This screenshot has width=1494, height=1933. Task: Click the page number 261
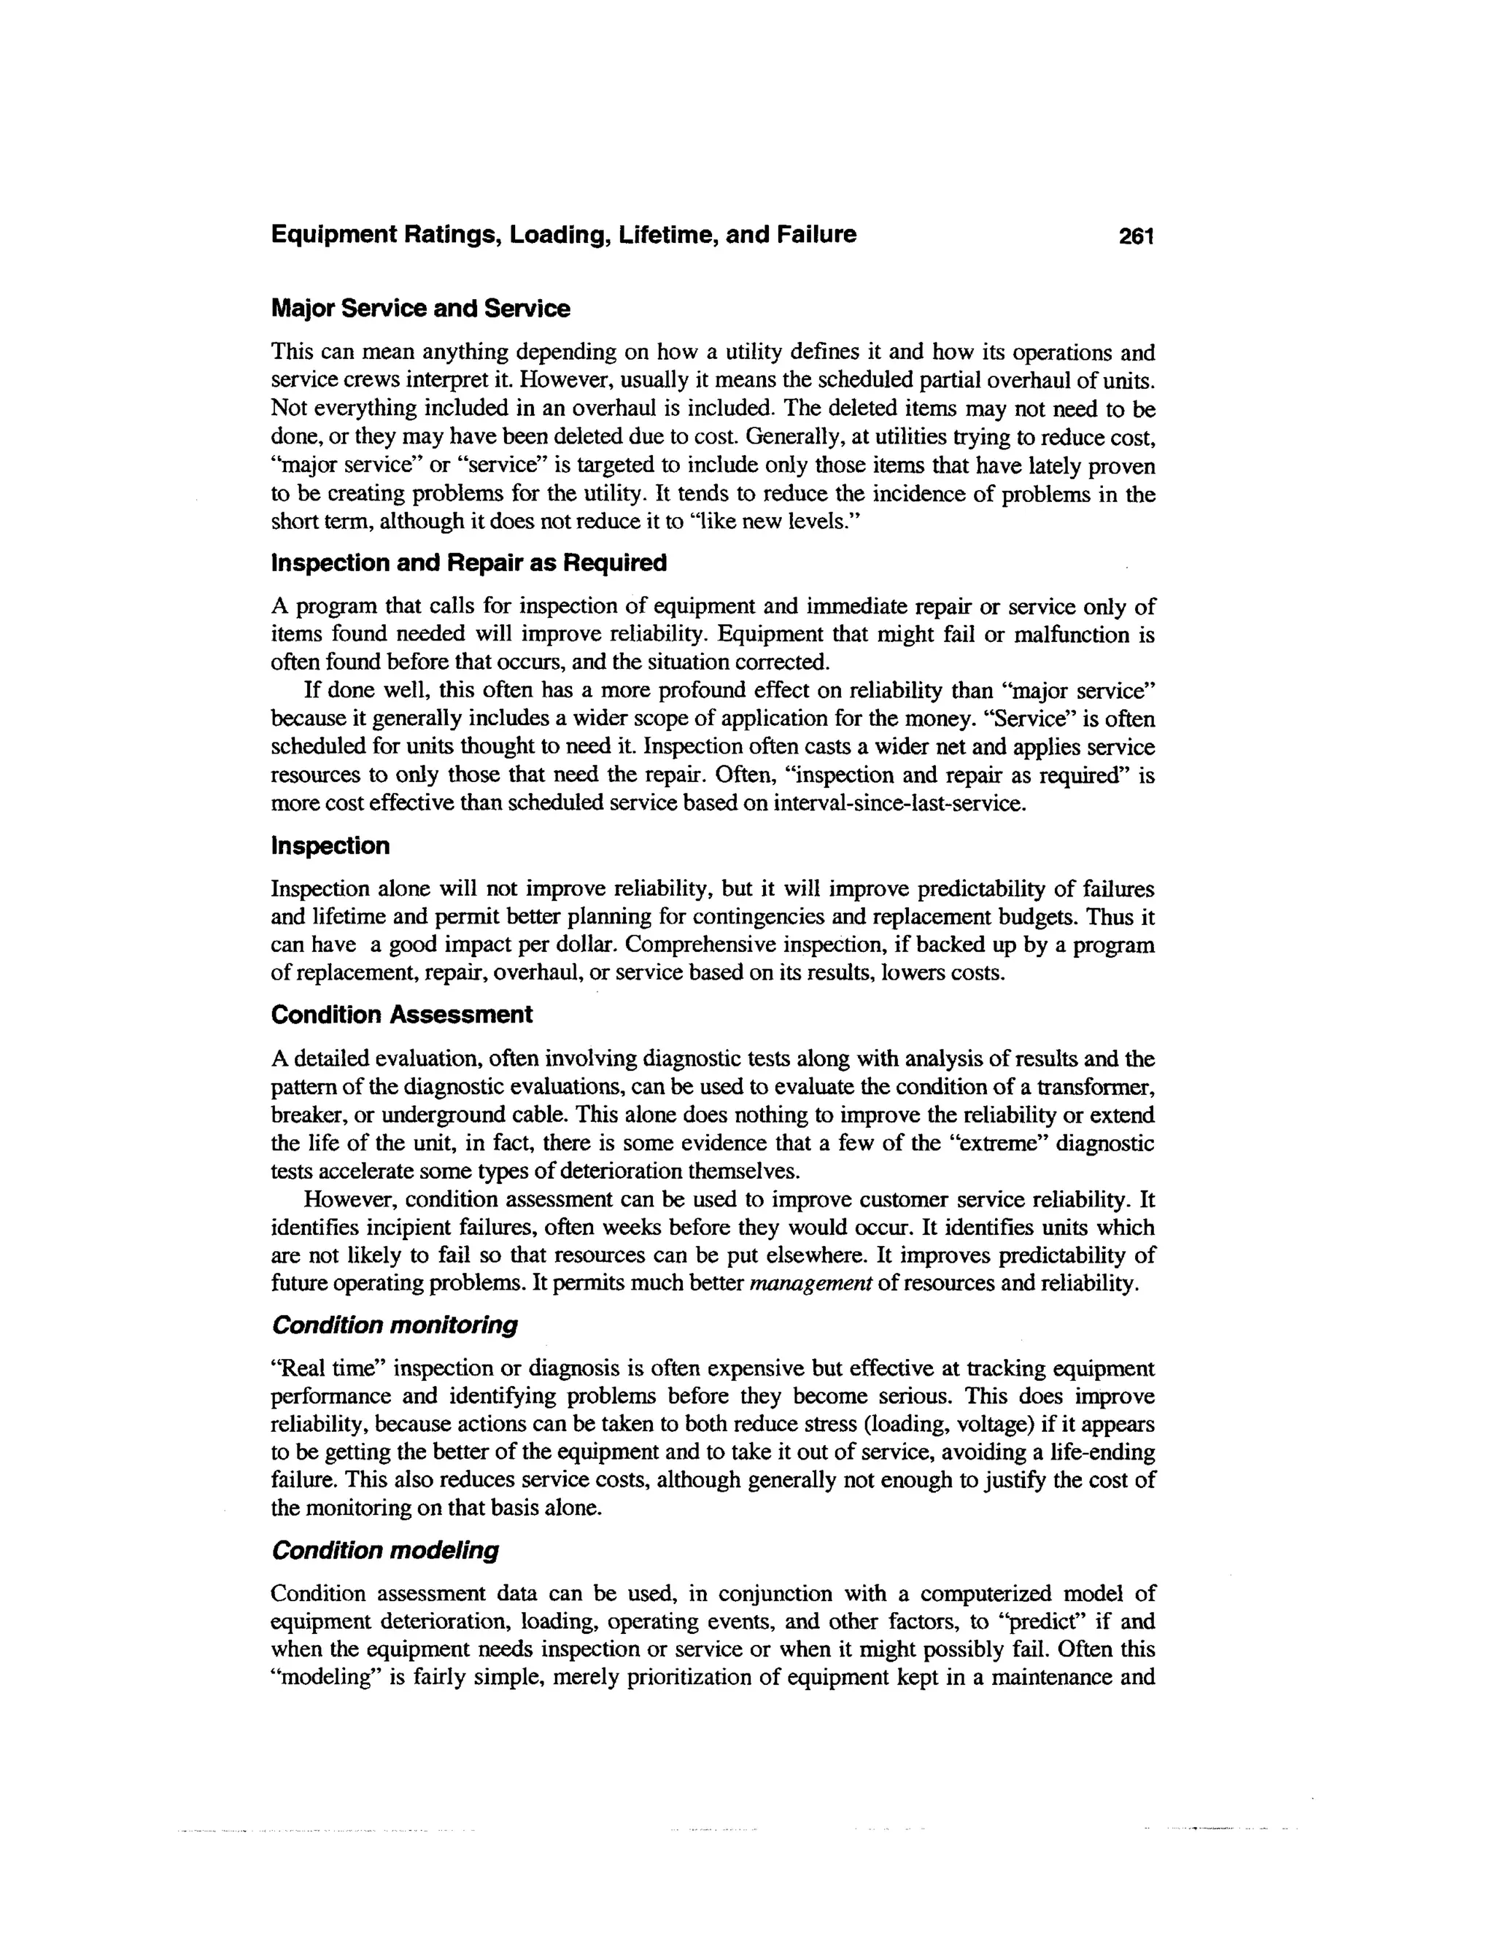pos(1137,236)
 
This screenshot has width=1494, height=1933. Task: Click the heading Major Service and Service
pos(420,309)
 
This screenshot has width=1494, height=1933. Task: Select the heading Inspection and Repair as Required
pos(468,563)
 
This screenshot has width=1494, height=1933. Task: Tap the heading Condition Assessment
pos(402,1015)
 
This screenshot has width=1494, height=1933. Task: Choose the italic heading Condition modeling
pos(385,1551)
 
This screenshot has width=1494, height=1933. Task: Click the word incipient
pos(381,1228)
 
